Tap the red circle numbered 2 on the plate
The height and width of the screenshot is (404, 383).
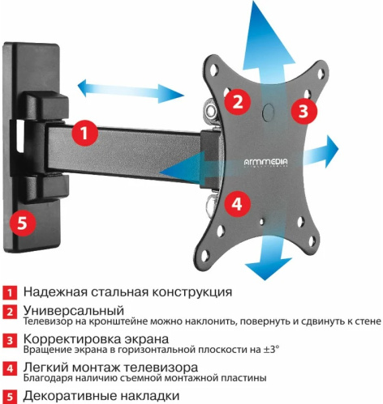click(x=236, y=101)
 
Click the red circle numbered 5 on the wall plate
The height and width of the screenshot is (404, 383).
click(x=24, y=220)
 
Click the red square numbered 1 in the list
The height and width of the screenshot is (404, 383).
click(x=9, y=292)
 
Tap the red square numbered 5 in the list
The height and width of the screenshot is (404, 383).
click(x=9, y=397)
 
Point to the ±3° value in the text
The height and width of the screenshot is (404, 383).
click(x=267, y=350)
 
